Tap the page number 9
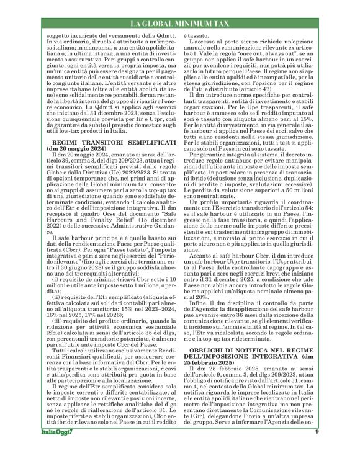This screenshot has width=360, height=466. tap(334, 449)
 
